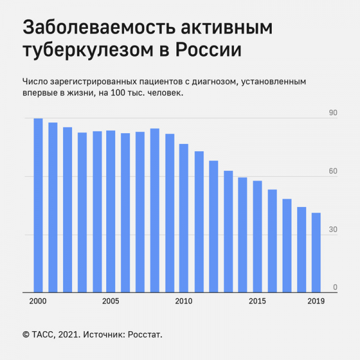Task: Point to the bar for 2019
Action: [x=316, y=253]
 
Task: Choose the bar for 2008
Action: [x=155, y=210]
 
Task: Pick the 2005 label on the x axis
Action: [x=111, y=301]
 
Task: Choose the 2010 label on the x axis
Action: [x=184, y=301]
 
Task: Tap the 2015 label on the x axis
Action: [x=257, y=301]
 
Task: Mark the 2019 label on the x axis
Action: [x=316, y=301]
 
